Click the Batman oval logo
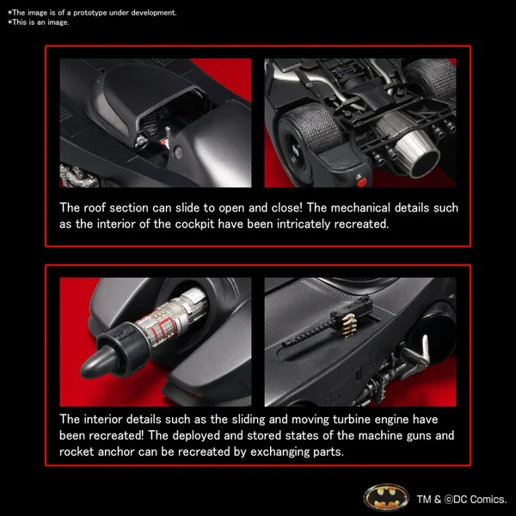pos(386,497)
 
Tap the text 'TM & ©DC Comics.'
pos(462,500)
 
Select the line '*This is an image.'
pos(39,22)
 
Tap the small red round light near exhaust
pos(361,181)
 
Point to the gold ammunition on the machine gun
pos(349,326)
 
